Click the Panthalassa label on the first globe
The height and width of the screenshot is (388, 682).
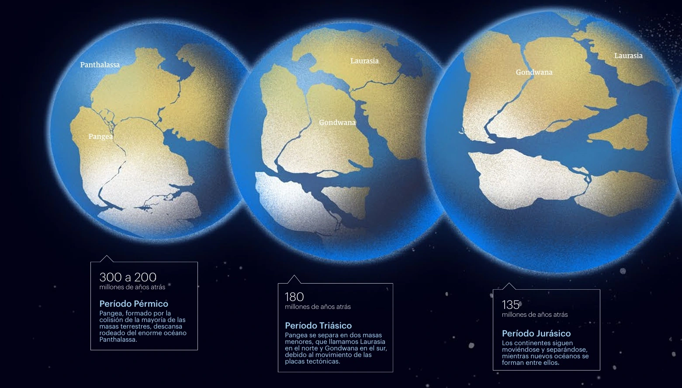100,65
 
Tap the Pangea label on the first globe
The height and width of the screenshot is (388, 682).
100,137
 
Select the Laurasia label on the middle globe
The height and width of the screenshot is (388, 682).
364,61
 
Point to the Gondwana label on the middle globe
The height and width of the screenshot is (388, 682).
337,123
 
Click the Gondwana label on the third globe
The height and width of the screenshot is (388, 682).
534,73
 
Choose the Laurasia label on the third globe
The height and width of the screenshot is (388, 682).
628,56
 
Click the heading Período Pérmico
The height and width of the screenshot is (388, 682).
134,304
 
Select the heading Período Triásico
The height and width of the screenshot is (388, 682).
318,326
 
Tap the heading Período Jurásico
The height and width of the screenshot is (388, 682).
536,333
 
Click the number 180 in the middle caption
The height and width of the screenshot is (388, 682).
294,297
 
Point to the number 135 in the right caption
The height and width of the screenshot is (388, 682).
510,305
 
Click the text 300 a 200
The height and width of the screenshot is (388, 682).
128,277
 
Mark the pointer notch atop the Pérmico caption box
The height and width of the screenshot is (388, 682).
107,259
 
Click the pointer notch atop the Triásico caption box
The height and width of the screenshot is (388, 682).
294,279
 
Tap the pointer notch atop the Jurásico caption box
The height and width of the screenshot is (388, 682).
509,286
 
